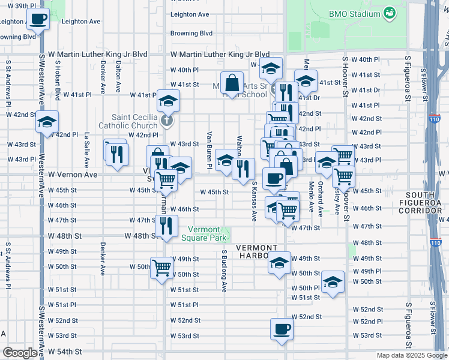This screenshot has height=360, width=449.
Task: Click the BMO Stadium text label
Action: click(x=355, y=13)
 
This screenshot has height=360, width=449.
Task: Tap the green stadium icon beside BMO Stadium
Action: click(x=390, y=13)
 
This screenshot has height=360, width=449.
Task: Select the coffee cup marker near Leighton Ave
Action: click(x=38, y=19)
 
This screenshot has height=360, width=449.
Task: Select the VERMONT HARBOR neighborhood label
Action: click(x=257, y=253)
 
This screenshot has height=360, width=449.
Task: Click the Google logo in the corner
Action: click(x=19, y=353)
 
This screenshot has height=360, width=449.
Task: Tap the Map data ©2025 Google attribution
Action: click(x=411, y=355)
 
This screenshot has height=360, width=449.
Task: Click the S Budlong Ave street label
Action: click(x=223, y=271)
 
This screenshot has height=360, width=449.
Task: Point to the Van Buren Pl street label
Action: click(x=209, y=150)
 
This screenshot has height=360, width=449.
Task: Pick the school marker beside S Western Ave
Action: click(x=46, y=122)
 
